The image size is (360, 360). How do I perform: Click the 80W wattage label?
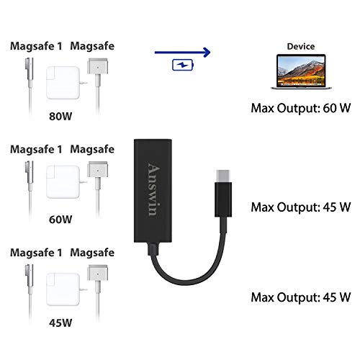[x=60, y=113]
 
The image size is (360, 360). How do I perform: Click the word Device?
[x=300, y=45]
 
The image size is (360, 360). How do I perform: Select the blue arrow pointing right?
[x=182, y=51]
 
